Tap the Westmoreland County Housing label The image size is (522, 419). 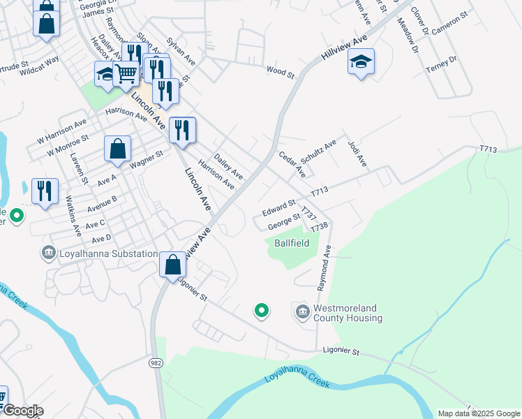[348, 313]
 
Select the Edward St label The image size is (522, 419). [279, 208]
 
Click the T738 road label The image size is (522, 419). [319, 227]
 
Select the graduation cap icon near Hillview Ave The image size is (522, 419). [361, 62]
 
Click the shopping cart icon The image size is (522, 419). [126, 72]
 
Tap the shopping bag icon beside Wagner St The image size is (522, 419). [117, 148]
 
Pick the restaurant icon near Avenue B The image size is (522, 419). [45, 191]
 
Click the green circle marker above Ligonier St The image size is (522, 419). [262, 309]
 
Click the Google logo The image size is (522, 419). [22, 411]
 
